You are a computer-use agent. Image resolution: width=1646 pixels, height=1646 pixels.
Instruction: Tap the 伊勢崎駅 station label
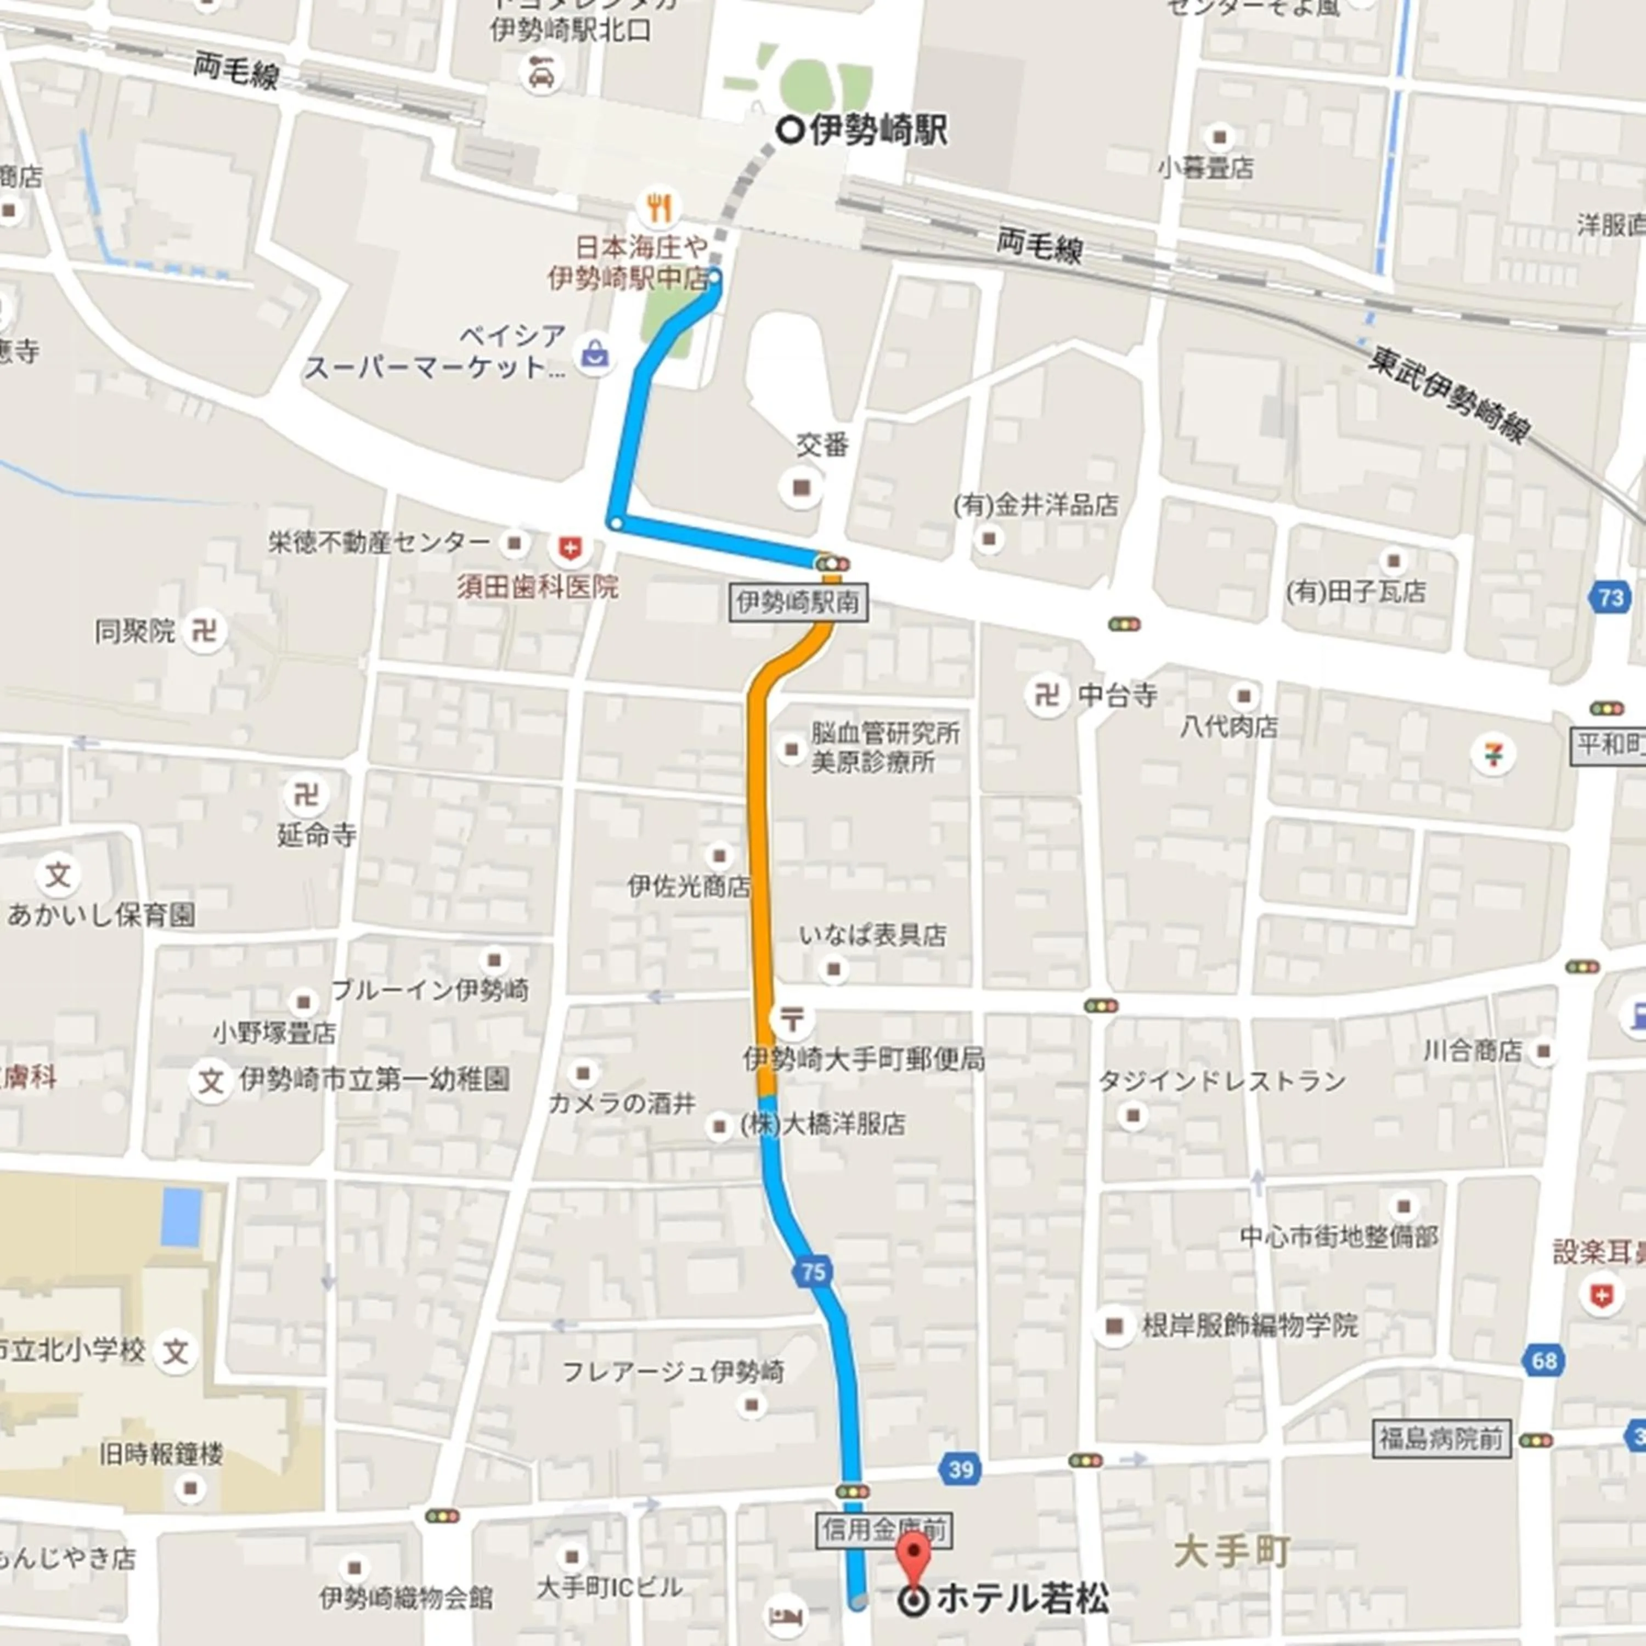click(877, 131)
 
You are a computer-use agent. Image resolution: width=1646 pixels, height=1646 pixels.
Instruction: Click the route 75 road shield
click(813, 1272)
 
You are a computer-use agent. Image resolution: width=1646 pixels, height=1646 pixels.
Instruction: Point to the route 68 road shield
click(1544, 1361)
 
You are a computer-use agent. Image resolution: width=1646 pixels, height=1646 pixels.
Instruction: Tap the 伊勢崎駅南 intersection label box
click(798, 603)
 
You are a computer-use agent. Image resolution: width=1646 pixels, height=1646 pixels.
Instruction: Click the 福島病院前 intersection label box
click(1441, 1439)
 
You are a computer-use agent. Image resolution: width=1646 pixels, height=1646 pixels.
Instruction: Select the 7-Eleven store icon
click(1492, 755)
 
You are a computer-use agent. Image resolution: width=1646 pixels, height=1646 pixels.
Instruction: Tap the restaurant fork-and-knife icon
click(658, 207)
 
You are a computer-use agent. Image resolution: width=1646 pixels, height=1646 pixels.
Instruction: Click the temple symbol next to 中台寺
click(1046, 695)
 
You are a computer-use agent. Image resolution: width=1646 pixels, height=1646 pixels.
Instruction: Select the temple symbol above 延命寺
click(305, 795)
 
